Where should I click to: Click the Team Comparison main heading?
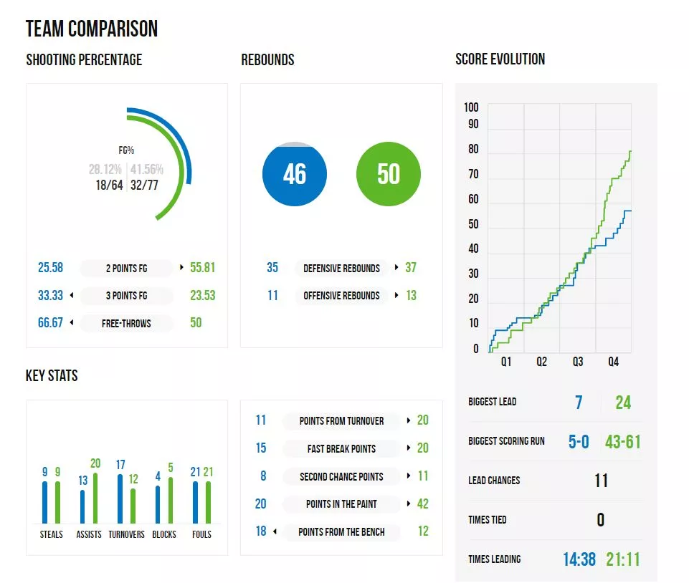tap(92, 29)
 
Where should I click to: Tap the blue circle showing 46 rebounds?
tap(295, 174)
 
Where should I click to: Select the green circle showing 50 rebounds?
tap(388, 174)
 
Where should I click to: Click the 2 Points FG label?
tap(127, 269)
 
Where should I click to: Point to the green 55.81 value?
tap(202, 268)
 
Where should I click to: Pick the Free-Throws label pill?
tap(126, 323)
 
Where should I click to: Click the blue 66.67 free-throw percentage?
tap(50, 323)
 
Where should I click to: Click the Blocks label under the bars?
tap(164, 534)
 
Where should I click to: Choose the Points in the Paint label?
tap(341, 504)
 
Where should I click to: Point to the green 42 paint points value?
tap(422, 504)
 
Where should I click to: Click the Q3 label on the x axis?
tap(578, 362)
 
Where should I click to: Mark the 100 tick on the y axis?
tap(471, 107)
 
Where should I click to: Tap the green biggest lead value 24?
tap(623, 403)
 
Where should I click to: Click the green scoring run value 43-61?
tap(623, 441)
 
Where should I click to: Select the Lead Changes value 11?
tap(601, 481)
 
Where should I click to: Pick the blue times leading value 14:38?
tap(579, 559)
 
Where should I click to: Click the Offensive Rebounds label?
tap(341, 296)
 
